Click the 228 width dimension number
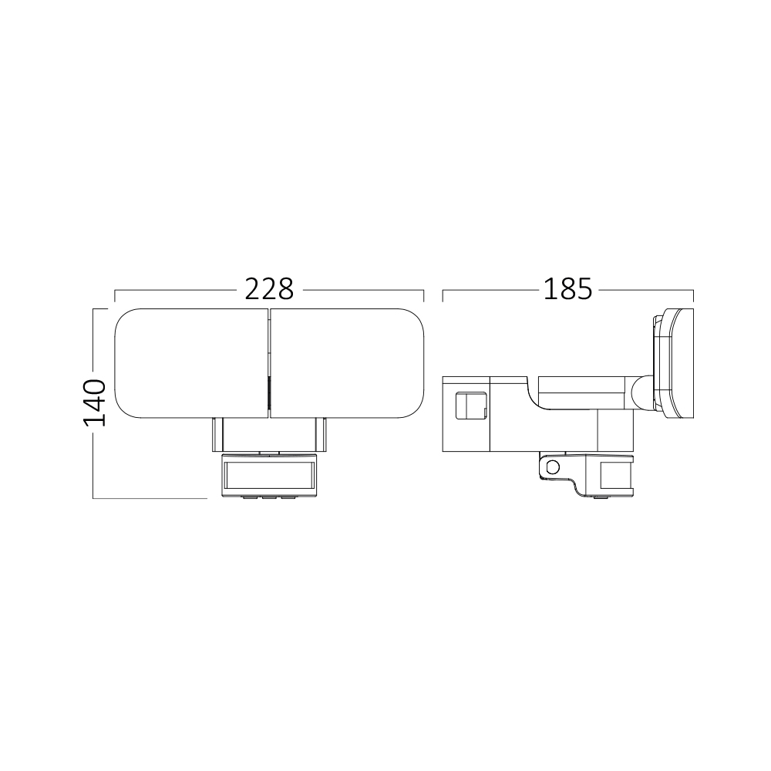tap(269, 289)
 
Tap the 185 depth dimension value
tap(567, 289)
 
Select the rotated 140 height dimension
tap(95, 402)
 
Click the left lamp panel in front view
tap(191, 364)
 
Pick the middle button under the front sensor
tap(269, 497)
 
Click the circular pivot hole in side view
tap(551, 466)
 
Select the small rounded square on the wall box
tap(471, 405)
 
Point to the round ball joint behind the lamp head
tap(641, 392)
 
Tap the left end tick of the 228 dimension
tap(115, 296)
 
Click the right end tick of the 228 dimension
tap(424, 296)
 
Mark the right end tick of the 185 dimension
tap(693, 296)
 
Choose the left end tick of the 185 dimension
tap(443, 296)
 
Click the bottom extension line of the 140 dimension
tap(150, 499)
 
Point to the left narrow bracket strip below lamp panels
tap(217, 435)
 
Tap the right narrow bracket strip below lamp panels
tap(322, 435)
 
